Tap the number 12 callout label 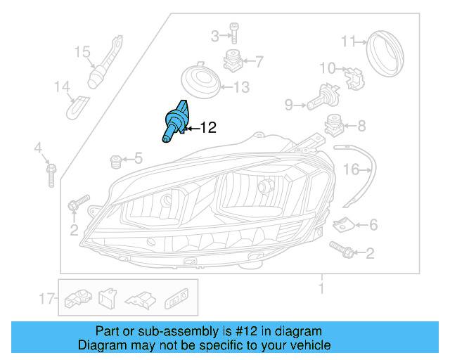click(208, 128)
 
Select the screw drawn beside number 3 click(233, 35)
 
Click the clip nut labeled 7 click(233, 62)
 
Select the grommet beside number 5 click(117, 163)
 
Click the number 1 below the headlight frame click(321, 288)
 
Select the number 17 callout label click(47, 299)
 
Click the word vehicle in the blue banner click(307, 345)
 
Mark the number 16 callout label click(350, 169)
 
